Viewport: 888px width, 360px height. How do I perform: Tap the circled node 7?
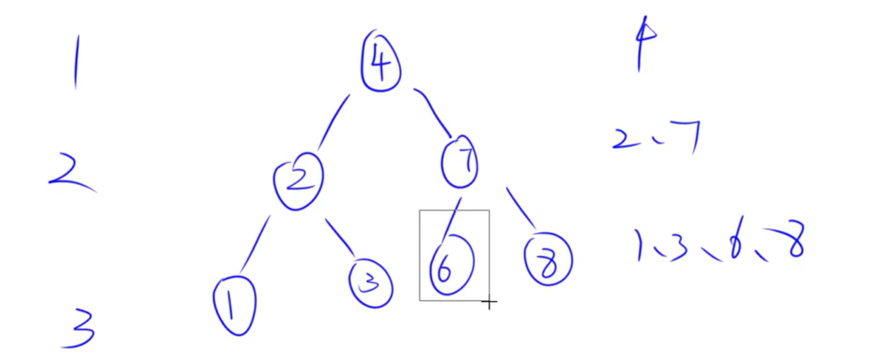[460, 162]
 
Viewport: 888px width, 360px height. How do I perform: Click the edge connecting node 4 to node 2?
[333, 121]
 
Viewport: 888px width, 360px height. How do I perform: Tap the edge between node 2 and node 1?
[254, 244]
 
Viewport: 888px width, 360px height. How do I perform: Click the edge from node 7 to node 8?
[521, 208]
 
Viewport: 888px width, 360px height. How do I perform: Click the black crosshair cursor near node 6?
[489, 303]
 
